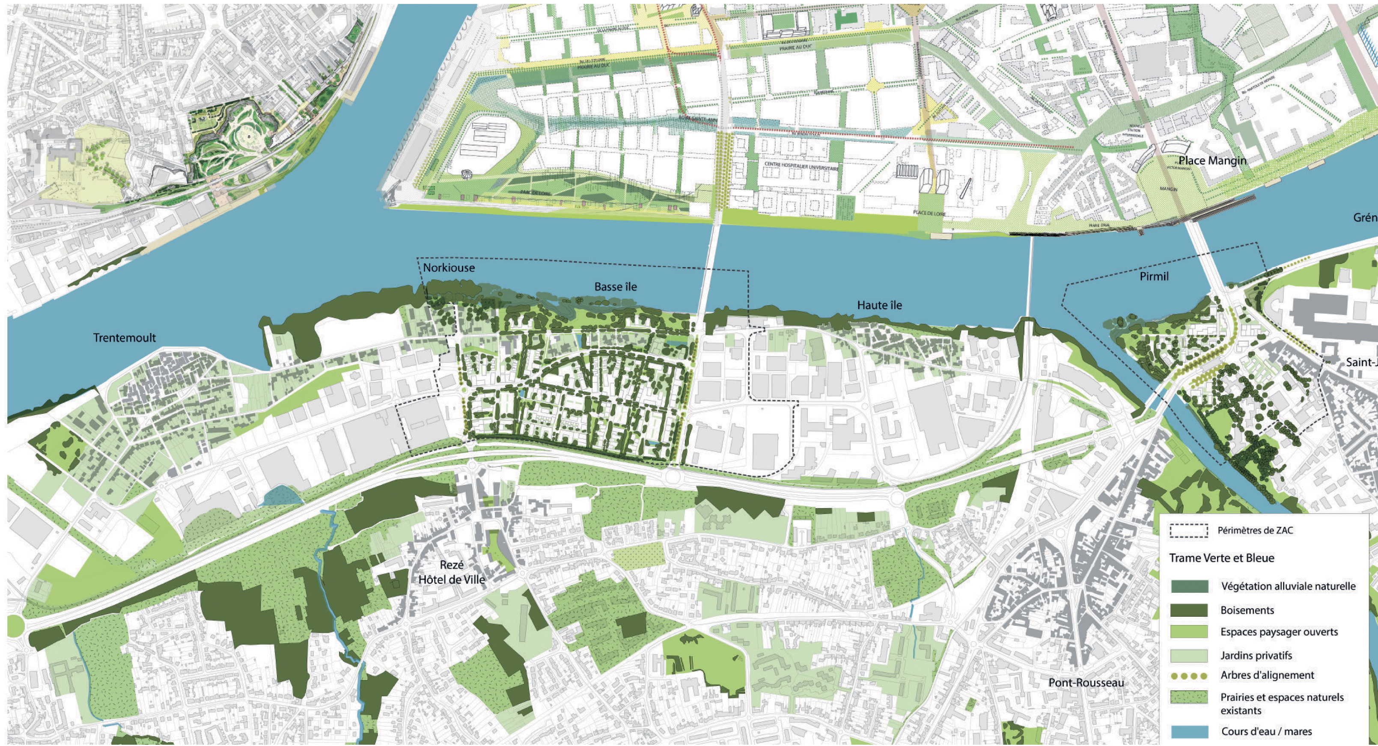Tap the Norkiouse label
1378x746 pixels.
449,268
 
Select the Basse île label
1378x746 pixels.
615,287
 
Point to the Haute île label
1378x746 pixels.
879,305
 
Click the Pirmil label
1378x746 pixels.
1154,276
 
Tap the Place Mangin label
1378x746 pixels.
1212,160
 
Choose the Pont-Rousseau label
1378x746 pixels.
1086,683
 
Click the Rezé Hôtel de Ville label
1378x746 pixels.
452,572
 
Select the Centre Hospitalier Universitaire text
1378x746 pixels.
801,167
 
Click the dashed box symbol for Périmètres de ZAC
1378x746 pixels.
1189,530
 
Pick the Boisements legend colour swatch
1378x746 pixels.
1189,610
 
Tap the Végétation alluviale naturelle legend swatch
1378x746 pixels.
1189,586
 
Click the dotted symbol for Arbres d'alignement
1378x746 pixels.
1189,676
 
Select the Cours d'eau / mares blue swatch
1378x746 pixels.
1189,731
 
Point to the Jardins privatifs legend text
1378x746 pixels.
1256,655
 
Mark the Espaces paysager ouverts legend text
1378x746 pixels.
1279,632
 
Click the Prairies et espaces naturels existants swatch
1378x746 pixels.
1189,697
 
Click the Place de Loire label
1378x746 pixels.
929,214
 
